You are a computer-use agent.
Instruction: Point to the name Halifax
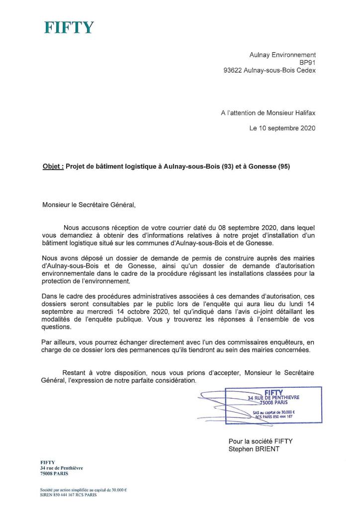coord(303,113)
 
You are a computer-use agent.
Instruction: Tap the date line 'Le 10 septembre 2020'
coord(282,128)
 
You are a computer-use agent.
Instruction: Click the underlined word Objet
coord(53,167)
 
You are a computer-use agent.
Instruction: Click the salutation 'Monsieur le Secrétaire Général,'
coord(89,204)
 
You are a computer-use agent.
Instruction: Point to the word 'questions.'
coord(57,328)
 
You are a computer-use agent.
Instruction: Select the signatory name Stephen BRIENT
coord(255,449)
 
